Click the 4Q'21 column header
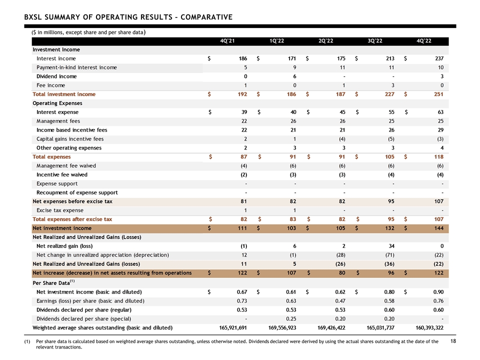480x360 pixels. click(x=227, y=41)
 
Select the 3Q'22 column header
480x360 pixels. click(x=374, y=41)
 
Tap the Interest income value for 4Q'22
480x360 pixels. click(x=439, y=58)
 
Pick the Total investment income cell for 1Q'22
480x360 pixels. click(x=291, y=94)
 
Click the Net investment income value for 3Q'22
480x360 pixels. click(x=389, y=228)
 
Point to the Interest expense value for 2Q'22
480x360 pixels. click(x=342, y=112)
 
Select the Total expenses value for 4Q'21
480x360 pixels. click(x=243, y=156)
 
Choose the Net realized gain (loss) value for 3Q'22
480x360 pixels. click(x=391, y=246)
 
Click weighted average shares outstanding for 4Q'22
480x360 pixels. click(x=429, y=327)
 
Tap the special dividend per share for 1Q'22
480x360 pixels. click(x=291, y=318)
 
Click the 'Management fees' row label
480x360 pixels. click(x=58, y=121)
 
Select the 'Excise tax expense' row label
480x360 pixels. click(x=59, y=210)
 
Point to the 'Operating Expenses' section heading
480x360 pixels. click(x=57, y=103)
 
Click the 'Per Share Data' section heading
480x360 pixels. click(x=53, y=282)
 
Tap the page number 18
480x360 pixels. click(x=453, y=341)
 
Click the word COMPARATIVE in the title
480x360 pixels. click(x=206, y=17)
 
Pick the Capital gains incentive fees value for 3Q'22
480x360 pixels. click(x=391, y=139)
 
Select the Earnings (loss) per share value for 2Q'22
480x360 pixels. click(x=340, y=301)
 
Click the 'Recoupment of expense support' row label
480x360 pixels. click(x=77, y=192)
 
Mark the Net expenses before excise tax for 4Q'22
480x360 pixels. click(x=438, y=201)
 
